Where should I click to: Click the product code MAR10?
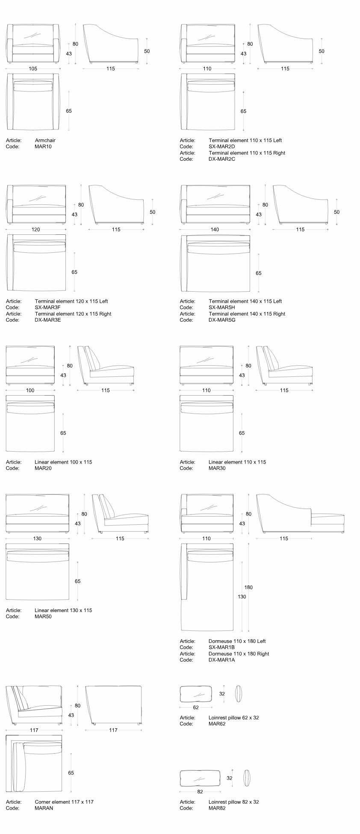(43, 146)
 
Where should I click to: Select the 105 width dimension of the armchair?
(33, 68)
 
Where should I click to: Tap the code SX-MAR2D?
(222, 146)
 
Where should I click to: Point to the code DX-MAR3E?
(48, 320)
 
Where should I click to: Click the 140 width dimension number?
(215, 230)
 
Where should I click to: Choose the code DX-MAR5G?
(222, 320)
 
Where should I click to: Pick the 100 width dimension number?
(30, 390)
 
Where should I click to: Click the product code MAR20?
(43, 468)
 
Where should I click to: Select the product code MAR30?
(217, 468)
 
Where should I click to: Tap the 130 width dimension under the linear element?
(37, 538)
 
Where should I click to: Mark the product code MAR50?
(43, 616)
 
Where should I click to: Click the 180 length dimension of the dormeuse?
(248, 587)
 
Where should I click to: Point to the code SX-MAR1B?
(221, 647)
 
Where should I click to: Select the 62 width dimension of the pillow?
(196, 707)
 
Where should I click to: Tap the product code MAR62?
(217, 724)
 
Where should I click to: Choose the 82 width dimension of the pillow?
(200, 792)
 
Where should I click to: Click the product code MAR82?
(217, 808)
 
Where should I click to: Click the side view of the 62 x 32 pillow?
(239, 694)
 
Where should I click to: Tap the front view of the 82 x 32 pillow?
(200, 778)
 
